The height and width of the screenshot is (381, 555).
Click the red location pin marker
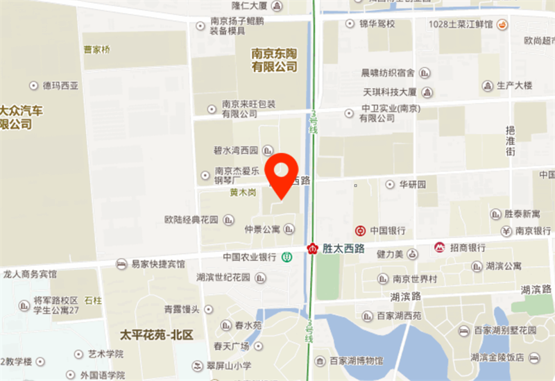point(283,174)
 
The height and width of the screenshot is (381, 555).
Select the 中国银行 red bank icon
point(360,230)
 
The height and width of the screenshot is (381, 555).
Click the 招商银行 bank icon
point(439,247)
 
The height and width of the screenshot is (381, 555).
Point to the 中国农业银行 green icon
point(287,257)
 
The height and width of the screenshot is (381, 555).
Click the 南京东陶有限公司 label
point(274,60)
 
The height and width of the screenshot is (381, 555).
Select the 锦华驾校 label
point(377,24)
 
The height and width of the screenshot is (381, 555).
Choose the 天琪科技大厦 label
point(389,92)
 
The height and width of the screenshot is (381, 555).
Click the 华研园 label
point(411,185)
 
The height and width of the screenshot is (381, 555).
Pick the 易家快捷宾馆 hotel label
point(159,264)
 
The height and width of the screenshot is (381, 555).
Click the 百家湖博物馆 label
point(356,360)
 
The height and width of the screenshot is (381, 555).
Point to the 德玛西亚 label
point(61,85)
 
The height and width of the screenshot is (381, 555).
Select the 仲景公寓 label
point(262,229)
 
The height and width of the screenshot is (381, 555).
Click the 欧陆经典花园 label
point(191,219)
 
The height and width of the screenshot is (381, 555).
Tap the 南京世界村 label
point(414,279)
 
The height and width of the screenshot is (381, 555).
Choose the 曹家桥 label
point(96,49)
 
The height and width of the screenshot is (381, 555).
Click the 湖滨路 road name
point(406,297)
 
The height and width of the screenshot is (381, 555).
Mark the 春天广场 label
point(232,346)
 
